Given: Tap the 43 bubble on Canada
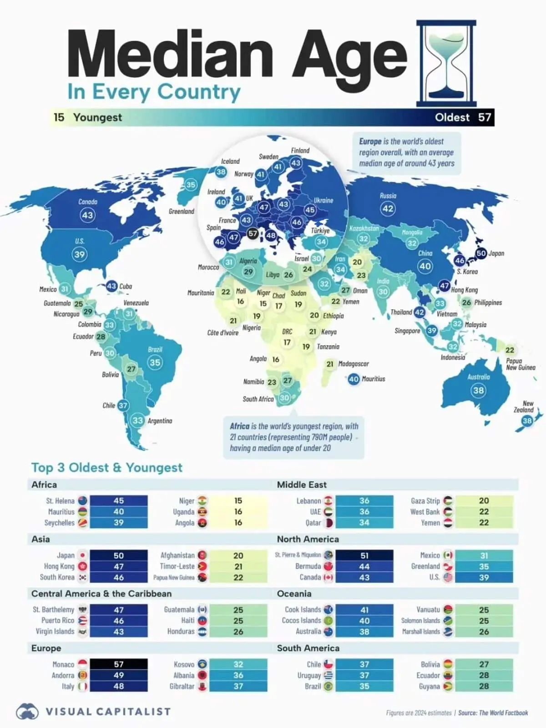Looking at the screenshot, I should [87, 215].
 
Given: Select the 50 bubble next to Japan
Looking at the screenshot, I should [481, 253].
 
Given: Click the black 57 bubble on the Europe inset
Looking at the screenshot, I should [253, 233].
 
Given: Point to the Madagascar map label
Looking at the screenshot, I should [354, 364].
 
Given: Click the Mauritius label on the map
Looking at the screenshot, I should [374, 379].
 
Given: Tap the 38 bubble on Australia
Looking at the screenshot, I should [478, 390].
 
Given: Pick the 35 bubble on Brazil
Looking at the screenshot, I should [155, 363].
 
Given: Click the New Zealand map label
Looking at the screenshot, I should [525, 406].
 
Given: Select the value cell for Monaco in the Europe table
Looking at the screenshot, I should [119, 664].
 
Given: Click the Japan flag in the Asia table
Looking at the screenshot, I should [82, 556].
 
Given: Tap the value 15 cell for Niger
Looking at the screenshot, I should [238, 501].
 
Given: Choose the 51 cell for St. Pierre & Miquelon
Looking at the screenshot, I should [364, 556].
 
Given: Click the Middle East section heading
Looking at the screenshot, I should [302, 485].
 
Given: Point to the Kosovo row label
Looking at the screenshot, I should [184, 665].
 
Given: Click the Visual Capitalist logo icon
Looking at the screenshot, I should [27, 712].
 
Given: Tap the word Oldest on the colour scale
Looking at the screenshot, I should [452, 117].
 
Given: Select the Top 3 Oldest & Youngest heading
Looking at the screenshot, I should [107, 468].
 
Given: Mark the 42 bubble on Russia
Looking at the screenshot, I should [388, 209].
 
